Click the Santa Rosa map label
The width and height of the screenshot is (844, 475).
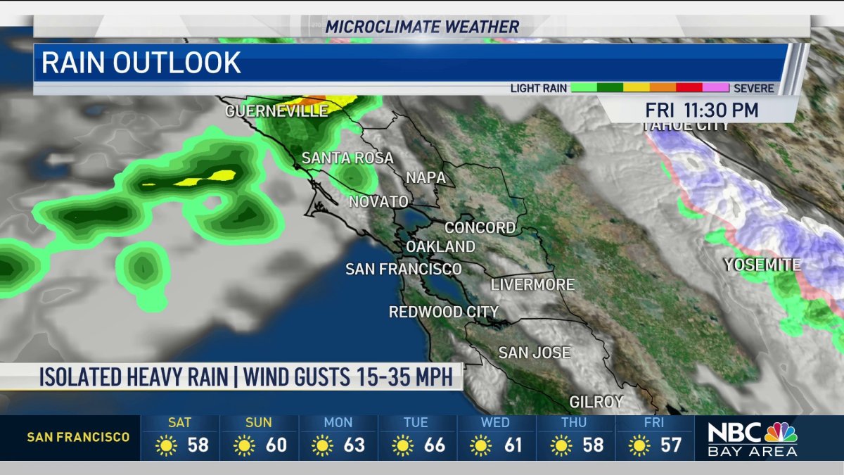click(x=347, y=158)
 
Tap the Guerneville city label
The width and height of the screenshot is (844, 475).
click(x=276, y=111)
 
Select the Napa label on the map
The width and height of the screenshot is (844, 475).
click(x=426, y=178)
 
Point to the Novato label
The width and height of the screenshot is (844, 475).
click(x=378, y=202)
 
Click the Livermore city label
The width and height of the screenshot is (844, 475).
click(x=532, y=285)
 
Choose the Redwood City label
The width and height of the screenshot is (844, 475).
click(x=443, y=312)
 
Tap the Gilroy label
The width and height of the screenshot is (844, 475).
click(x=596, y=402)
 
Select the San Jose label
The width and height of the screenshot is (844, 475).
click(x=534, y=353)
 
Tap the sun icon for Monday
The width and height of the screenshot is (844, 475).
click(x=323, y=445)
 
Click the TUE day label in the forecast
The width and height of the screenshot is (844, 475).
click(x=416, y=423)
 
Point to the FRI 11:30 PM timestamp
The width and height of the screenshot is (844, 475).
click(x=702, y=110)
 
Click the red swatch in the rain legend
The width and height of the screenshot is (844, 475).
click(x=689, y=89)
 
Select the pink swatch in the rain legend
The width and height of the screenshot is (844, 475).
click(x=715, y=89)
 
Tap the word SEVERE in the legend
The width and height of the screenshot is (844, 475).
click(x=753, y=89)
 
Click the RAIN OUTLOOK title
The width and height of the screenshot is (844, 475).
click(x=141, y=63)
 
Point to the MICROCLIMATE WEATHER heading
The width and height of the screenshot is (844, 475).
click(x=422, y=27)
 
